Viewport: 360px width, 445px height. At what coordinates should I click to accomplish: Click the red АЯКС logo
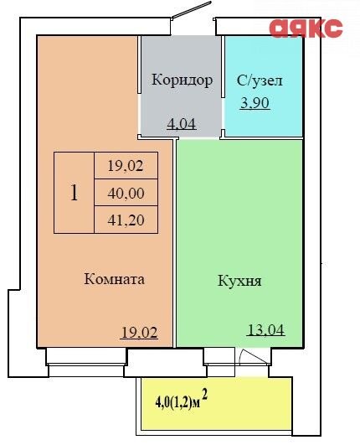[306, 28]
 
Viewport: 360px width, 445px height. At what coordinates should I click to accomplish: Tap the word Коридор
[182, 80]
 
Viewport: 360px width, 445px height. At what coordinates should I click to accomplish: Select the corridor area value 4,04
[182, 124]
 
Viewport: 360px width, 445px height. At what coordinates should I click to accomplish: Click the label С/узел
[260, 80]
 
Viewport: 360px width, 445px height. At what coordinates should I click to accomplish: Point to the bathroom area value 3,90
[255, 103]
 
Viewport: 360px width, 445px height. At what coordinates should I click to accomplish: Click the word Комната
[114, 279]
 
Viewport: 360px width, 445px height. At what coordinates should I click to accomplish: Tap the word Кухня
[239, 281]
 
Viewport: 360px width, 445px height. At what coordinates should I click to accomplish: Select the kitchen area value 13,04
[266, 330]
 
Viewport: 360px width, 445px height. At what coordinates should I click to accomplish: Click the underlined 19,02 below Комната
[139, 333]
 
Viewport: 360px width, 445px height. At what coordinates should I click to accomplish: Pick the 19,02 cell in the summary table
[126, 165]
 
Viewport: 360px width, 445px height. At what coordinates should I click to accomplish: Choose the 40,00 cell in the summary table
[126, 193]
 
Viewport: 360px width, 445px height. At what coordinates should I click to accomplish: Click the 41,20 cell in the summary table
[126, 220]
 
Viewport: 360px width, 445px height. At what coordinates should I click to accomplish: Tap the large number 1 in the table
[74, 193]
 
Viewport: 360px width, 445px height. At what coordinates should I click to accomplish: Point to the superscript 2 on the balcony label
[204, 395]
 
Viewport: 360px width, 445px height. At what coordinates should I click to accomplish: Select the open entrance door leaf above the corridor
[192, 10]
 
